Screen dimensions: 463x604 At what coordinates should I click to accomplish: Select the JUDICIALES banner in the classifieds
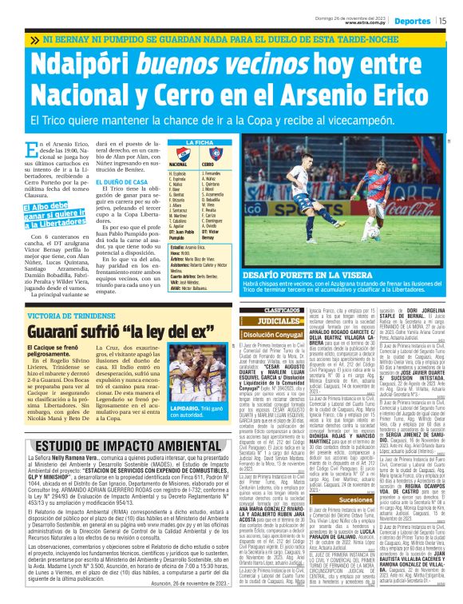click(260, 320)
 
